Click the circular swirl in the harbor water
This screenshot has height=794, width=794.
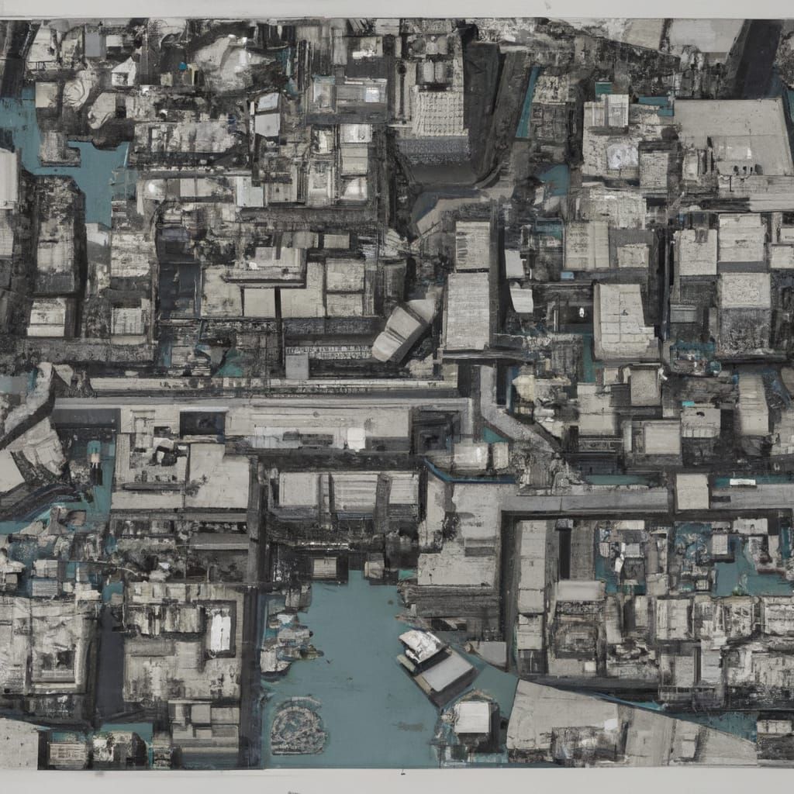coord(299,726)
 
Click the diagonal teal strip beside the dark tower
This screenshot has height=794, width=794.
coord(530,101)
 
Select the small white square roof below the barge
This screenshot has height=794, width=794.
coord(471,717)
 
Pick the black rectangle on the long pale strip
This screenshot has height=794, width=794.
coord(203,423)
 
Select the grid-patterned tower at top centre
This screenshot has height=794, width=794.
coord(439,109)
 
